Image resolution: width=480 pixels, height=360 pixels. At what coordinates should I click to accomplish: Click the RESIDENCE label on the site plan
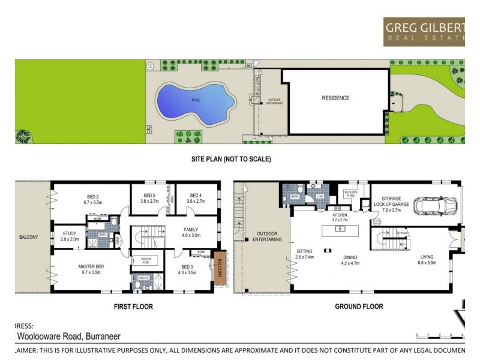[335, 98]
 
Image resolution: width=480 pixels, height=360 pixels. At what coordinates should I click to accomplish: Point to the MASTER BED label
[92, 269]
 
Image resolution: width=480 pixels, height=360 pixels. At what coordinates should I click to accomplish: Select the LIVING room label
[427, 259]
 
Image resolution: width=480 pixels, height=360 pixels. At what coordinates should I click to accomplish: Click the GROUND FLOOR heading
[359, 307]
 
